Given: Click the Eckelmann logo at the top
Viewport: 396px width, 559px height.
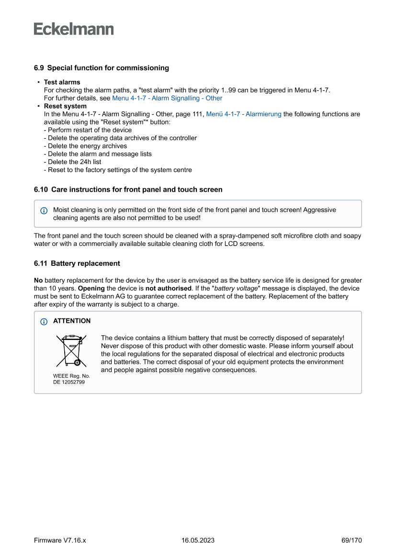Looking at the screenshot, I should point(74,29).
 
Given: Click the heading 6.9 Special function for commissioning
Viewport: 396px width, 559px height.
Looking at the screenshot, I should point(101,68).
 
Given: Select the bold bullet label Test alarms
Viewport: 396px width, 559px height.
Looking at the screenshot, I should point(62,82).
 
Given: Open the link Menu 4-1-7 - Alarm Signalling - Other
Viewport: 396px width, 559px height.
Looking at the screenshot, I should point(167,98).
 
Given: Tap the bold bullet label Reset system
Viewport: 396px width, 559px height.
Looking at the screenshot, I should point(65,106).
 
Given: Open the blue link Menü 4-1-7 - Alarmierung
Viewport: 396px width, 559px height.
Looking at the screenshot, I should point(244,114).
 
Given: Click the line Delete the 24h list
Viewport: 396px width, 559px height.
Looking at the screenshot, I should point(72,162).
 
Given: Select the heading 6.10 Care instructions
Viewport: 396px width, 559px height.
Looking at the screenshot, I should point(128,189).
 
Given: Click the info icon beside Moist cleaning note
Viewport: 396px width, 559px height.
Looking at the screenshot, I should point(44,210).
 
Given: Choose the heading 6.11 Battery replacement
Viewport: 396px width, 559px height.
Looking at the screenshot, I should point(77,263).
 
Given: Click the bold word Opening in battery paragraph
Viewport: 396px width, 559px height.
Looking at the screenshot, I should point(91,288).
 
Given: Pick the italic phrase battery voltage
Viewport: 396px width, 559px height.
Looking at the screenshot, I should point(237,288).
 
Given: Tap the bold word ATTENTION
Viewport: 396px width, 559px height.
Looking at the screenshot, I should point(72,321).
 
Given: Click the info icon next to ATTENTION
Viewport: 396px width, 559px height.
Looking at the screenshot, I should point(44,321).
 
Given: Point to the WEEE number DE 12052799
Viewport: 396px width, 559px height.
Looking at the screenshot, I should point(69,382).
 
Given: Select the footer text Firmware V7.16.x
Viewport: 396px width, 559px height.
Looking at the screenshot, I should point(60,540).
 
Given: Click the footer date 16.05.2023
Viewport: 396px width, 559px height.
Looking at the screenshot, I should point(198,540).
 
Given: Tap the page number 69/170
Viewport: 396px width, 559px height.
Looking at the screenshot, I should point(351,540).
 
